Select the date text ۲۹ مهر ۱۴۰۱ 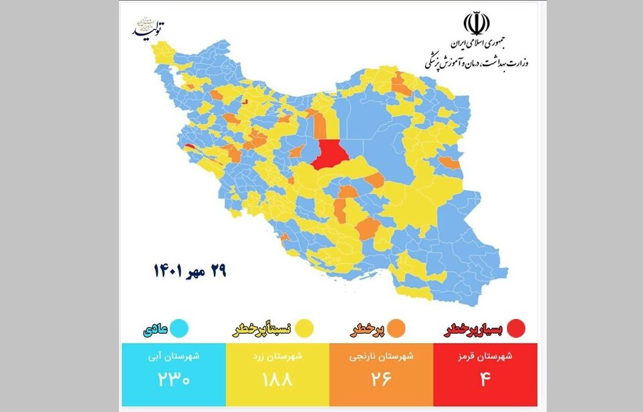point(190,270)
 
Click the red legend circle point(516,328)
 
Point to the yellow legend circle point(306,328)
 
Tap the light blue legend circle point(178,328)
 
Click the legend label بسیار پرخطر point(474,329)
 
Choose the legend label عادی point(152,329)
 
